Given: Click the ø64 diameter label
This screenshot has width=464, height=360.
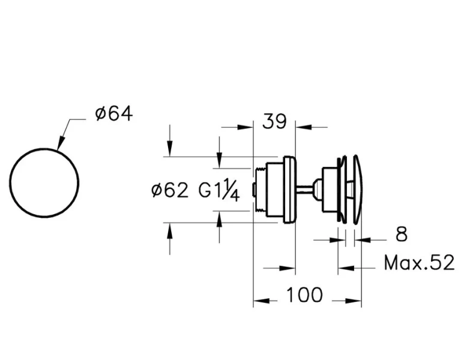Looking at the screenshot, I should pyautogui.click(x=113, y=113).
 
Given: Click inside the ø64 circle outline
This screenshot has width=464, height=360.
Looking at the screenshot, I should pyautogui.click(x=44, y=182).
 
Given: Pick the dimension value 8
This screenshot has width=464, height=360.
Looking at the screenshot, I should pyautogui.click(x=401, y=234).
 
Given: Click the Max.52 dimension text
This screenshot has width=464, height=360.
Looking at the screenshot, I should pyautogui.click(x=419, y=262).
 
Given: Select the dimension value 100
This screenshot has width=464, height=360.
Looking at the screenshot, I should pyautogui.click(x=304, y=295).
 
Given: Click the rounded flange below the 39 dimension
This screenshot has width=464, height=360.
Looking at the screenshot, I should pyautogui.click(x=289, y=190).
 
